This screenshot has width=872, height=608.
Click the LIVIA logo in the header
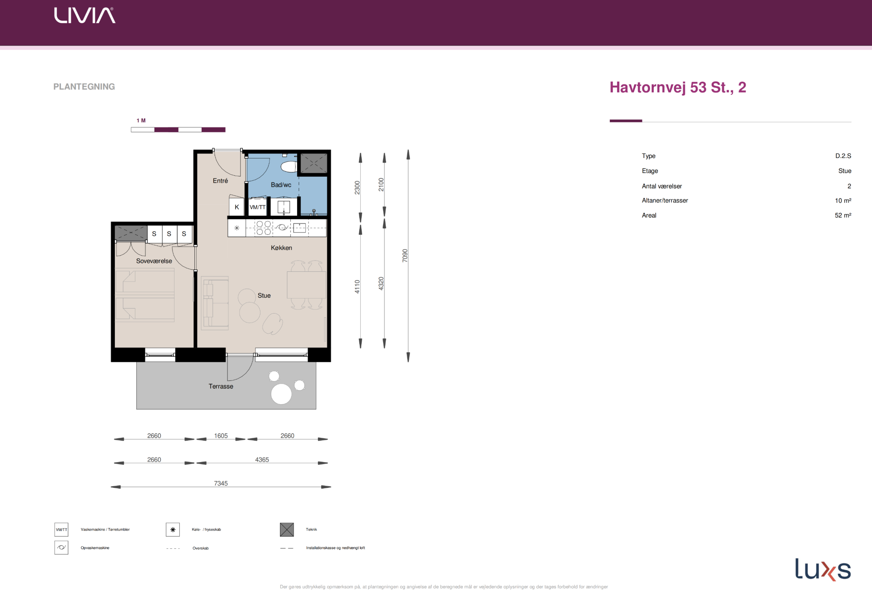pos(85,15)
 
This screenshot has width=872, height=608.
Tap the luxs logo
pos(823,569)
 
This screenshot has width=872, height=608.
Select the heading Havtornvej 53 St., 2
pos(678,87)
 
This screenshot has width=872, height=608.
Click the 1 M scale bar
pos(178,130)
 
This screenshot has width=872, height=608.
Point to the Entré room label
pos(220,181)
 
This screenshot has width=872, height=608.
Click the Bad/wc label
pos(281,185)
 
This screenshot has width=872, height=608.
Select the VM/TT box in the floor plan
pos(258,207)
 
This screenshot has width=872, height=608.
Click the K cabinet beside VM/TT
pos(237,207)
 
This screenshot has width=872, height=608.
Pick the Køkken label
pos(281,248)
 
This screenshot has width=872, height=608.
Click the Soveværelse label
pos(154,261)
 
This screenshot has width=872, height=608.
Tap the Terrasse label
pos(221,386)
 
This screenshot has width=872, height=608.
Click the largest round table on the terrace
pos(281,394)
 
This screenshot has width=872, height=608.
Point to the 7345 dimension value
pos(221,483)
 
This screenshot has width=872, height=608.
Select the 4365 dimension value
pos(262,460)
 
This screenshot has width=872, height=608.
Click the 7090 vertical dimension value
pos(405,255)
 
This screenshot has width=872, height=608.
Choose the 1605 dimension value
pos(221,436)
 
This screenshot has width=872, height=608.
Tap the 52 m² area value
pos(843,215)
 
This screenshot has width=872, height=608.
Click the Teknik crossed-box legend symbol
pos(287,529)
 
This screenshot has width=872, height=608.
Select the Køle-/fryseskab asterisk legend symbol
pos(173,529)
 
